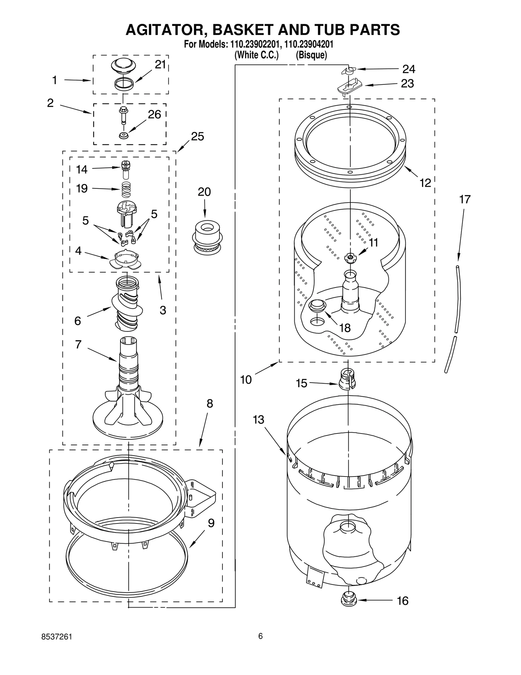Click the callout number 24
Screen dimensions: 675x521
[x=409, y=69]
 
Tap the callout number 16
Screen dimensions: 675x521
[x=403, y=600]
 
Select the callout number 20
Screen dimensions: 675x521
[x=204, y=192]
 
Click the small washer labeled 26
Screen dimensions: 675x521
[x=123, y=135]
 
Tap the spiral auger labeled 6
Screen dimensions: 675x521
[x=127, y=303]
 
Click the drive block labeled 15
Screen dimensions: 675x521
[x=347, y=379]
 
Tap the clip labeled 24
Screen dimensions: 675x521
[x=349, y=70]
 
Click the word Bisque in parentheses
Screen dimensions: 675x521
[x=311, y=55]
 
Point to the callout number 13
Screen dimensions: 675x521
[x=258, y=420]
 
